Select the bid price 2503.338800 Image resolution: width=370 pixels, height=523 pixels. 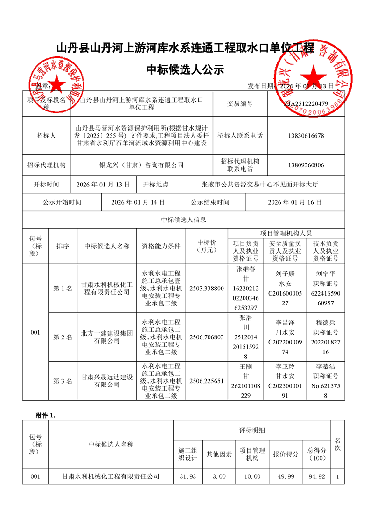click(207, 289)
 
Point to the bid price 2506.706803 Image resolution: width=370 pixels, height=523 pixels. click(207, 337)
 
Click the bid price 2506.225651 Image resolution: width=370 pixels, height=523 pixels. click(207, 381)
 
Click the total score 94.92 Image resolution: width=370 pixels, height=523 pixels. click(317, 476)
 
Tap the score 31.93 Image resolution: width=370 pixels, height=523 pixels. click(187, 476)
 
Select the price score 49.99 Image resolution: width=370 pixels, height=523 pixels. click(286, 476)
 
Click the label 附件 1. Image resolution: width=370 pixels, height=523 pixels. click(46, 415)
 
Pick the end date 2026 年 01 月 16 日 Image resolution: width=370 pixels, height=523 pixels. click(295, 202)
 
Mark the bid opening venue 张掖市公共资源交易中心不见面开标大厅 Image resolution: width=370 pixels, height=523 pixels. click(260, 185)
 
